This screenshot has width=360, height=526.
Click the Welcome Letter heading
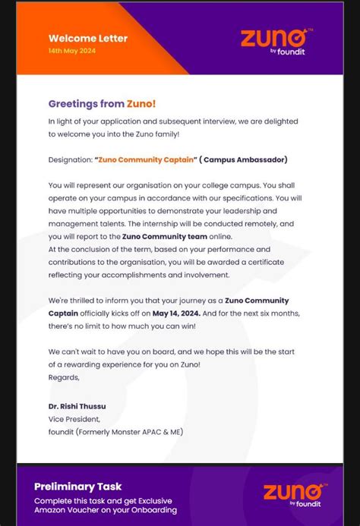point(88,38)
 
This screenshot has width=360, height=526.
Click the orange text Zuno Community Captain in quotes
point(147,160)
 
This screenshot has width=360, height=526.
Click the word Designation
point(70,160)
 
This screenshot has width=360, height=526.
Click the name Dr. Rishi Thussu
point(77,406)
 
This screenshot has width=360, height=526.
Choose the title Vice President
point(74,419)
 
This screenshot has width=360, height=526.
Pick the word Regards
point(63,377)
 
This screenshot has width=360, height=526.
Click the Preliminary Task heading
point(77,487)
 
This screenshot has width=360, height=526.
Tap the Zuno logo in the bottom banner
point(295,493)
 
